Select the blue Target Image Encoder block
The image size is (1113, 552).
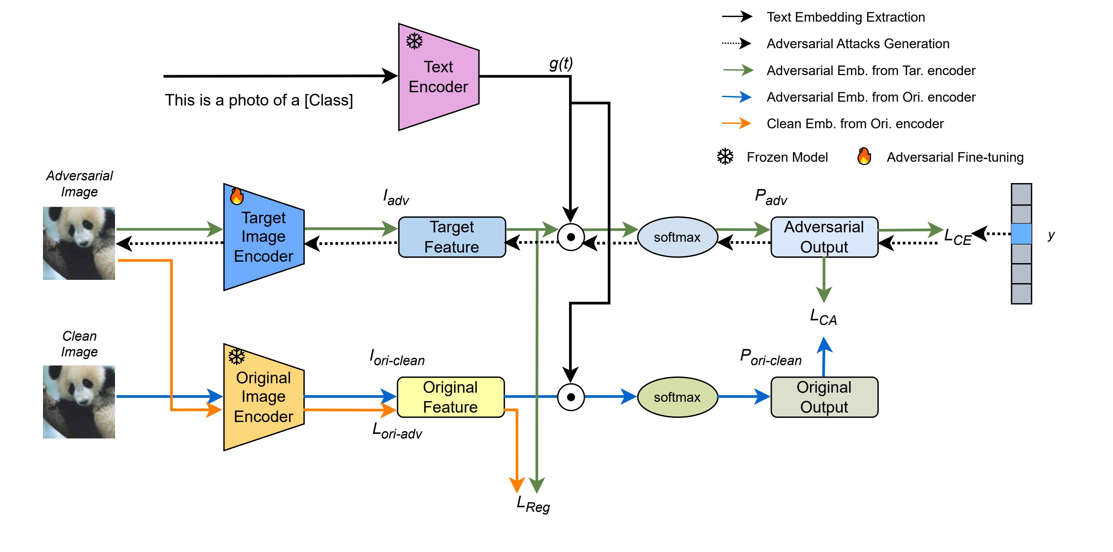pos(264,237)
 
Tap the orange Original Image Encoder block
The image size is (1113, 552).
pos(264,397)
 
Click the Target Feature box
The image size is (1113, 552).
pos(452,237)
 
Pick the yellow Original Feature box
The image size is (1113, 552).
pos(450,397)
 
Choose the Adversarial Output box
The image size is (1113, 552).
pos(824,237)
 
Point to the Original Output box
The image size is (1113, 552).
pos(824,397)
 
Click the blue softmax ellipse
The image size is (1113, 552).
pos(677,237)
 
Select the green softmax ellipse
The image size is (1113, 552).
pos(677,397)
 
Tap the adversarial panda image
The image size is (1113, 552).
pos(79,243)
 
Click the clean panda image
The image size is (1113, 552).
pos(79,402)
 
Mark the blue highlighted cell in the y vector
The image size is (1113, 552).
pos(1021,234)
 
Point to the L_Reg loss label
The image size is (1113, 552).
pos(533,504)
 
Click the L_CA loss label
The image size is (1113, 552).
pos(823,318)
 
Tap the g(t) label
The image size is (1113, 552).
pos(561,64)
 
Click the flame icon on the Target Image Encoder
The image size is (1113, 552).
pos(236,196)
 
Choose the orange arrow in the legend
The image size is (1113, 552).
pos(737,124)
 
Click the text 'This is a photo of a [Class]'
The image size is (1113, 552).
pos(259,100)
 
